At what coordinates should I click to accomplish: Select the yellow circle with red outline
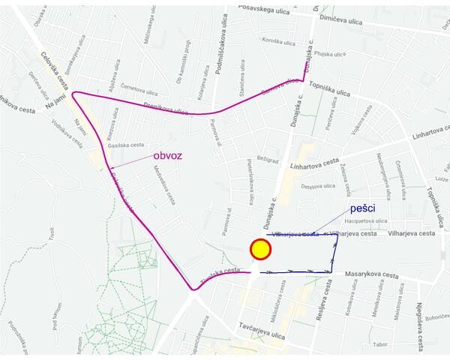260,249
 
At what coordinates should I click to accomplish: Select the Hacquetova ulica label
366,221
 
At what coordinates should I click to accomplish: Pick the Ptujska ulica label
331,54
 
